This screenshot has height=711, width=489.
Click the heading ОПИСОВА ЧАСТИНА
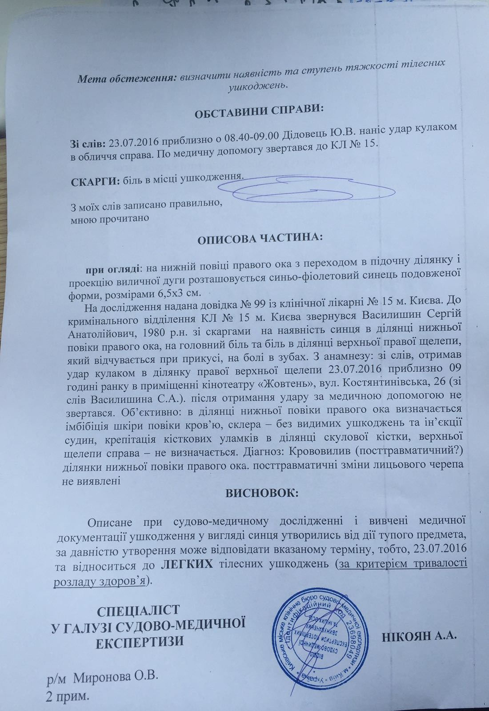[x=260, y=239]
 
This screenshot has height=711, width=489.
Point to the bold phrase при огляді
[x=112, y=269]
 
